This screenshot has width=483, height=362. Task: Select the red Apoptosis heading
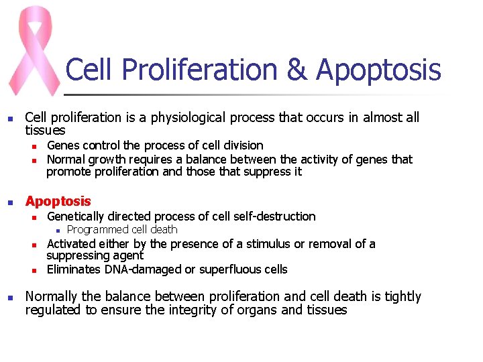pos(58,201)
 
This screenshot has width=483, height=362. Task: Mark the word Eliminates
pos(74,270)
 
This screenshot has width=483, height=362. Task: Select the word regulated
pos(52,310)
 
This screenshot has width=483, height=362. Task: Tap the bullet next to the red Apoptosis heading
pos(10,202)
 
